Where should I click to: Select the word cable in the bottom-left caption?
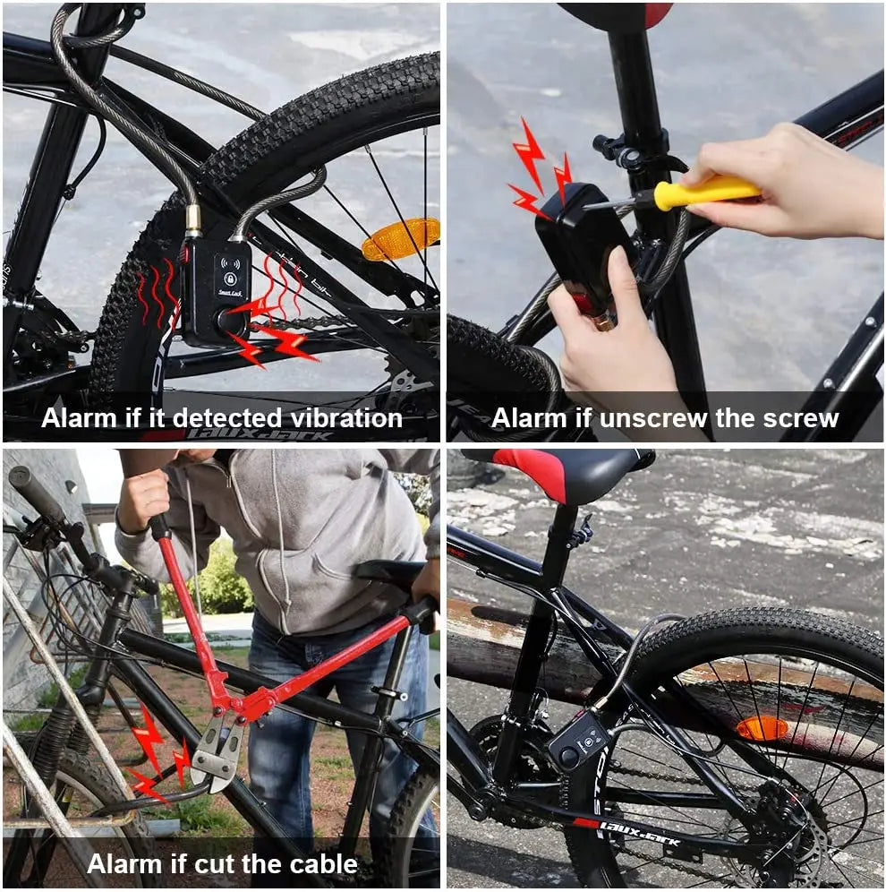tap(319, 864)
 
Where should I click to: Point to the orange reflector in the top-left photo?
tap(400, 238)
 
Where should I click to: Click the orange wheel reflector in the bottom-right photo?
tap(761, 728)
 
